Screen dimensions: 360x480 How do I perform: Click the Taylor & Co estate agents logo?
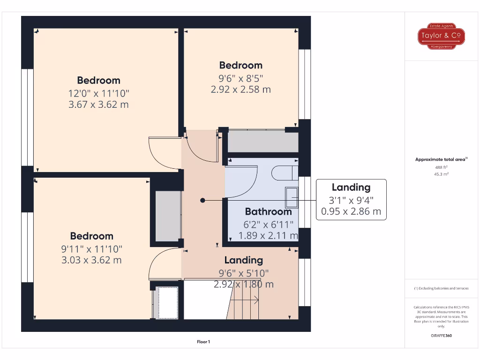[441, 36]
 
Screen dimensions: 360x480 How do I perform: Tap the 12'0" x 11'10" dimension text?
[98, 93]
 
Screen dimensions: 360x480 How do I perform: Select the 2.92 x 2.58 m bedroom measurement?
[241, 89]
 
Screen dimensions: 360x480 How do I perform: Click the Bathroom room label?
[268, 211]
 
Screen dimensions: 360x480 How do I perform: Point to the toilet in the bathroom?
[284, 172]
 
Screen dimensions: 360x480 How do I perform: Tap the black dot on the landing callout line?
[202, 200]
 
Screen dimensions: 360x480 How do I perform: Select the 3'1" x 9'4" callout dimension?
[351, 200]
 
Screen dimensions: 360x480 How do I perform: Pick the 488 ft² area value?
[441, 167]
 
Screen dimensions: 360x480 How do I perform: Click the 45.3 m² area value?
[441, 174]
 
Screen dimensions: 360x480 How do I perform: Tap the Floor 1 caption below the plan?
[203, 342]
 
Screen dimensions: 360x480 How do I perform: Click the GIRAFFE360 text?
[441, 336]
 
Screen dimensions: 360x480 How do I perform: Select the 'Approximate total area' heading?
[440, 159]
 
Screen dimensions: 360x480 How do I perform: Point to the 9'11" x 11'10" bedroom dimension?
[91, 248]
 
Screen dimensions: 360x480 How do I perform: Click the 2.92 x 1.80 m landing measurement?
[244, 284]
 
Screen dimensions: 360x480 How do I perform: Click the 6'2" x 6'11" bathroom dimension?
[268, 224]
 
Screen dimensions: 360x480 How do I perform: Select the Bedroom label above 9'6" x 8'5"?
[241, 65]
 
